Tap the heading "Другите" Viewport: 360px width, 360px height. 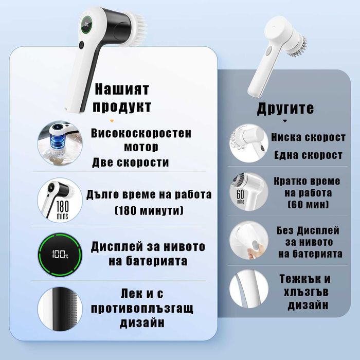pos(284,109)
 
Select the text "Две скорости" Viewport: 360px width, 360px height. pos(131,163)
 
